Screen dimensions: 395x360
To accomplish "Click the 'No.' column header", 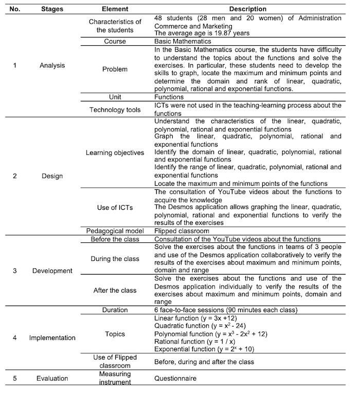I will pos(15,9).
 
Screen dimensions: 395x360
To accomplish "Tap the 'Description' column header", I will pos(247,9).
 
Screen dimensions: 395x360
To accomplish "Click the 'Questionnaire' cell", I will pos(175,378).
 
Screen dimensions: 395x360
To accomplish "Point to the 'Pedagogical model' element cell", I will pos(115,231).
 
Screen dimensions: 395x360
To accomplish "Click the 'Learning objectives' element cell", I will pos(115,153).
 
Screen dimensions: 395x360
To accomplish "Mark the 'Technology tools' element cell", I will pos(115,109).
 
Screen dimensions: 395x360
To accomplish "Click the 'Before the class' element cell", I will pos(115,239).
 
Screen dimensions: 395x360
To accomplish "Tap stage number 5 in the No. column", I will pos(15,378).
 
